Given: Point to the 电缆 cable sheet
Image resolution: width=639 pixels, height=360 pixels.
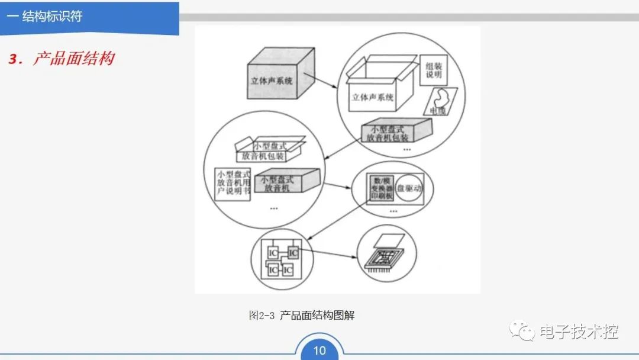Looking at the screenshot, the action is coord(441,102).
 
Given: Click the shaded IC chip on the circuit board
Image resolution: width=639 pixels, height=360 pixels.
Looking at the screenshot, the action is coord(293,252).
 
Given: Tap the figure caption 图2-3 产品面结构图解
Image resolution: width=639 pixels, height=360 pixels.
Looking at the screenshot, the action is coord(301,316).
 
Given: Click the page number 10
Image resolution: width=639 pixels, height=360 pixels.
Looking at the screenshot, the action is coord(319,350).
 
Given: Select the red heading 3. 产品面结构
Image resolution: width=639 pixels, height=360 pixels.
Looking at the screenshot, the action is coord(61,59).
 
